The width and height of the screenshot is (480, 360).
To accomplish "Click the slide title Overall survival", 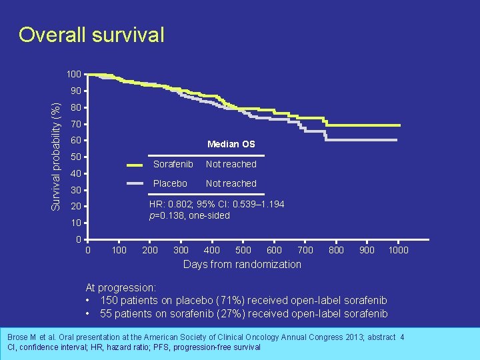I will [91, 35].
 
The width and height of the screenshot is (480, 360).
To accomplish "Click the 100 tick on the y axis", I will [73, 74].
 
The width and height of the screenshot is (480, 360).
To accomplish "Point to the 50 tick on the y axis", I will [76, 157].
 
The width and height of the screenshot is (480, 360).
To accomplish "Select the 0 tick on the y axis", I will [79, 239].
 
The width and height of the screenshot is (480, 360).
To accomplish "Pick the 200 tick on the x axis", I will [150, 250].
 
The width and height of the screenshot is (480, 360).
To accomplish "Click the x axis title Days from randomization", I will [242, 265].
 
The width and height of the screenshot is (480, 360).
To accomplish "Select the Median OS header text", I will [231, 144].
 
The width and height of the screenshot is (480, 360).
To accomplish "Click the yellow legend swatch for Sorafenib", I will [135, 164].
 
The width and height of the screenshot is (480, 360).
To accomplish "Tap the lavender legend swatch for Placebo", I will [135, 183].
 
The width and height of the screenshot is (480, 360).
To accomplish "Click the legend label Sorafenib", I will [173, 164].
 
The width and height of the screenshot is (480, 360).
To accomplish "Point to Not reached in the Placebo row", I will [231, 183].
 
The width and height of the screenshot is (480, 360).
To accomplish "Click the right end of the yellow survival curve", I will [399, 125].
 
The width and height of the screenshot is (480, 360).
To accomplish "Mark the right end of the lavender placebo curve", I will [397, 140].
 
